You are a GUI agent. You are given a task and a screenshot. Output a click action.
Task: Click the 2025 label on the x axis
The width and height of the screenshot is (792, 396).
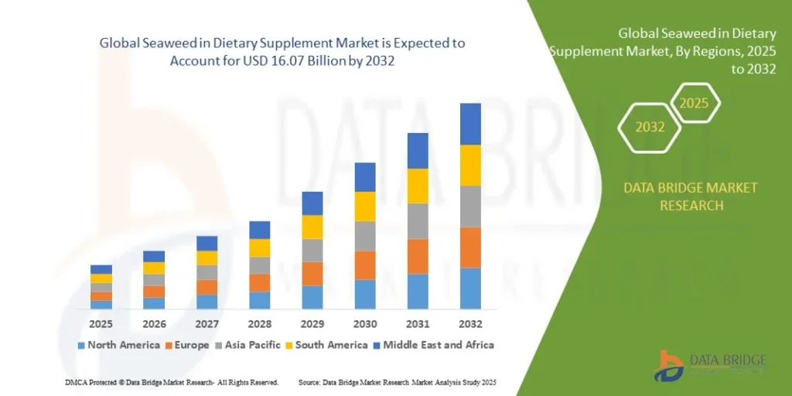point(101,323)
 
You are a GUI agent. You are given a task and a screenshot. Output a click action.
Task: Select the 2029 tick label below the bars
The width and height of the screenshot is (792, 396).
point(312,323)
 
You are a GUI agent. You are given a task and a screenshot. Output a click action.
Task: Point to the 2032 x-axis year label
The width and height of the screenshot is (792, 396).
point(470,323)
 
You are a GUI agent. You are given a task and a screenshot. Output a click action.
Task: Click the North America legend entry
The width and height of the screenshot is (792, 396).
point(118,345)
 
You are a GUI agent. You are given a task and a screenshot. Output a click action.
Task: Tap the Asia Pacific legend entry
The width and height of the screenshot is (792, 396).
point(251,345)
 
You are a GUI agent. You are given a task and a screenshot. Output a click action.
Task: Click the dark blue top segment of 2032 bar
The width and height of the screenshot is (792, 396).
point(470,124)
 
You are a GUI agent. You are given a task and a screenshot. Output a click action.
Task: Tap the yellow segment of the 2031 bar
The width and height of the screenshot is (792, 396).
point(418,186)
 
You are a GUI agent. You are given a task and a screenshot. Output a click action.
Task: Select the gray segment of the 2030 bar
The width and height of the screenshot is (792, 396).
point(365,236)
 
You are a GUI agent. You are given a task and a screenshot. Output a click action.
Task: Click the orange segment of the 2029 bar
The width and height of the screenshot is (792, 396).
point(312,274)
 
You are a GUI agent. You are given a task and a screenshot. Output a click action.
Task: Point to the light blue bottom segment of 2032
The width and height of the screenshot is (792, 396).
point(470,288)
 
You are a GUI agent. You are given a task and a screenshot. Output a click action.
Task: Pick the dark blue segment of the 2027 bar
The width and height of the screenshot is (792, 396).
point(207,243)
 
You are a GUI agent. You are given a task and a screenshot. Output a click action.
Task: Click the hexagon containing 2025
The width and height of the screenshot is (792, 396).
point(694,103)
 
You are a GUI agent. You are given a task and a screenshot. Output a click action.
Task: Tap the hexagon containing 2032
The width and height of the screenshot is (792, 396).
point(650,127)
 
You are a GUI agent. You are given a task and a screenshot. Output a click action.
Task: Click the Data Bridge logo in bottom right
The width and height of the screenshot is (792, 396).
point(709,366)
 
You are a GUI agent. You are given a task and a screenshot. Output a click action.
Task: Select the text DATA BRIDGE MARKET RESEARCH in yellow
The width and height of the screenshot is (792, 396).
point(691,196)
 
